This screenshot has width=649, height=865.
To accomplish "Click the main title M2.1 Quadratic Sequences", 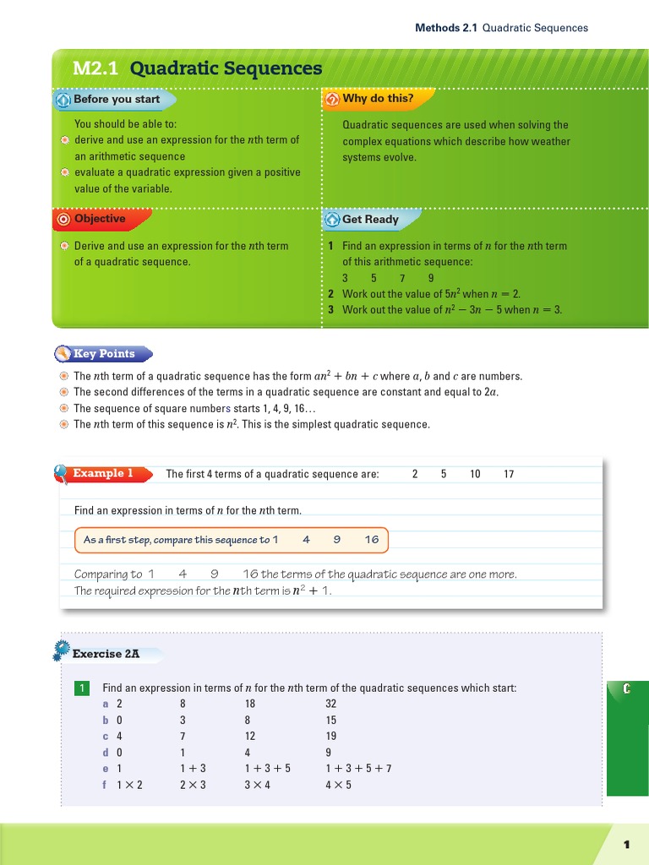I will coord(197,68).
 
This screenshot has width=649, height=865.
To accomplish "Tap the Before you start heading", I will coord(116,99).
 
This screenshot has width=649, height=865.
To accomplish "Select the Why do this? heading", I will coord(378,99).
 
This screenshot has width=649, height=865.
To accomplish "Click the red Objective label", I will coord(99,219).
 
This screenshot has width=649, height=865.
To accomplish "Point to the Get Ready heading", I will coord(370,220).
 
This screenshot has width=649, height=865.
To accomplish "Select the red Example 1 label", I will coord(103,473).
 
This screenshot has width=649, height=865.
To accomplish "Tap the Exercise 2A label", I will coord(106,654).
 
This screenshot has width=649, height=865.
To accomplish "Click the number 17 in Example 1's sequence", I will coord(509,474).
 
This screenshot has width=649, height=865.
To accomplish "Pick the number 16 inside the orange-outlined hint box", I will coord(372,540).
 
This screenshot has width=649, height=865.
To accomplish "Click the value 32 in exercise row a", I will coord(330,704).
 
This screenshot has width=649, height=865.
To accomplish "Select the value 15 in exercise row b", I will coord(330,720).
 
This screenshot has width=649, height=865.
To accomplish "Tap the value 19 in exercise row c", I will coord(330,736).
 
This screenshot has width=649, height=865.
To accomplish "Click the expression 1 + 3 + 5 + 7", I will coord(358,769).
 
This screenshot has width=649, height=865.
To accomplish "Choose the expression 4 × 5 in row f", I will coord(338,785).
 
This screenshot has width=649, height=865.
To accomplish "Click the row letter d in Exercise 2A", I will coord(106,752).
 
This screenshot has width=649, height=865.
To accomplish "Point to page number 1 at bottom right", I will coord(627,845).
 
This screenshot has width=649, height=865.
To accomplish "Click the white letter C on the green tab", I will coord(626,689).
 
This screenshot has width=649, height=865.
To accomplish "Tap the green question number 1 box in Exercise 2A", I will coord(81,688).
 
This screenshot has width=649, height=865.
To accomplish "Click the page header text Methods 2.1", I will coord(446,28).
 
